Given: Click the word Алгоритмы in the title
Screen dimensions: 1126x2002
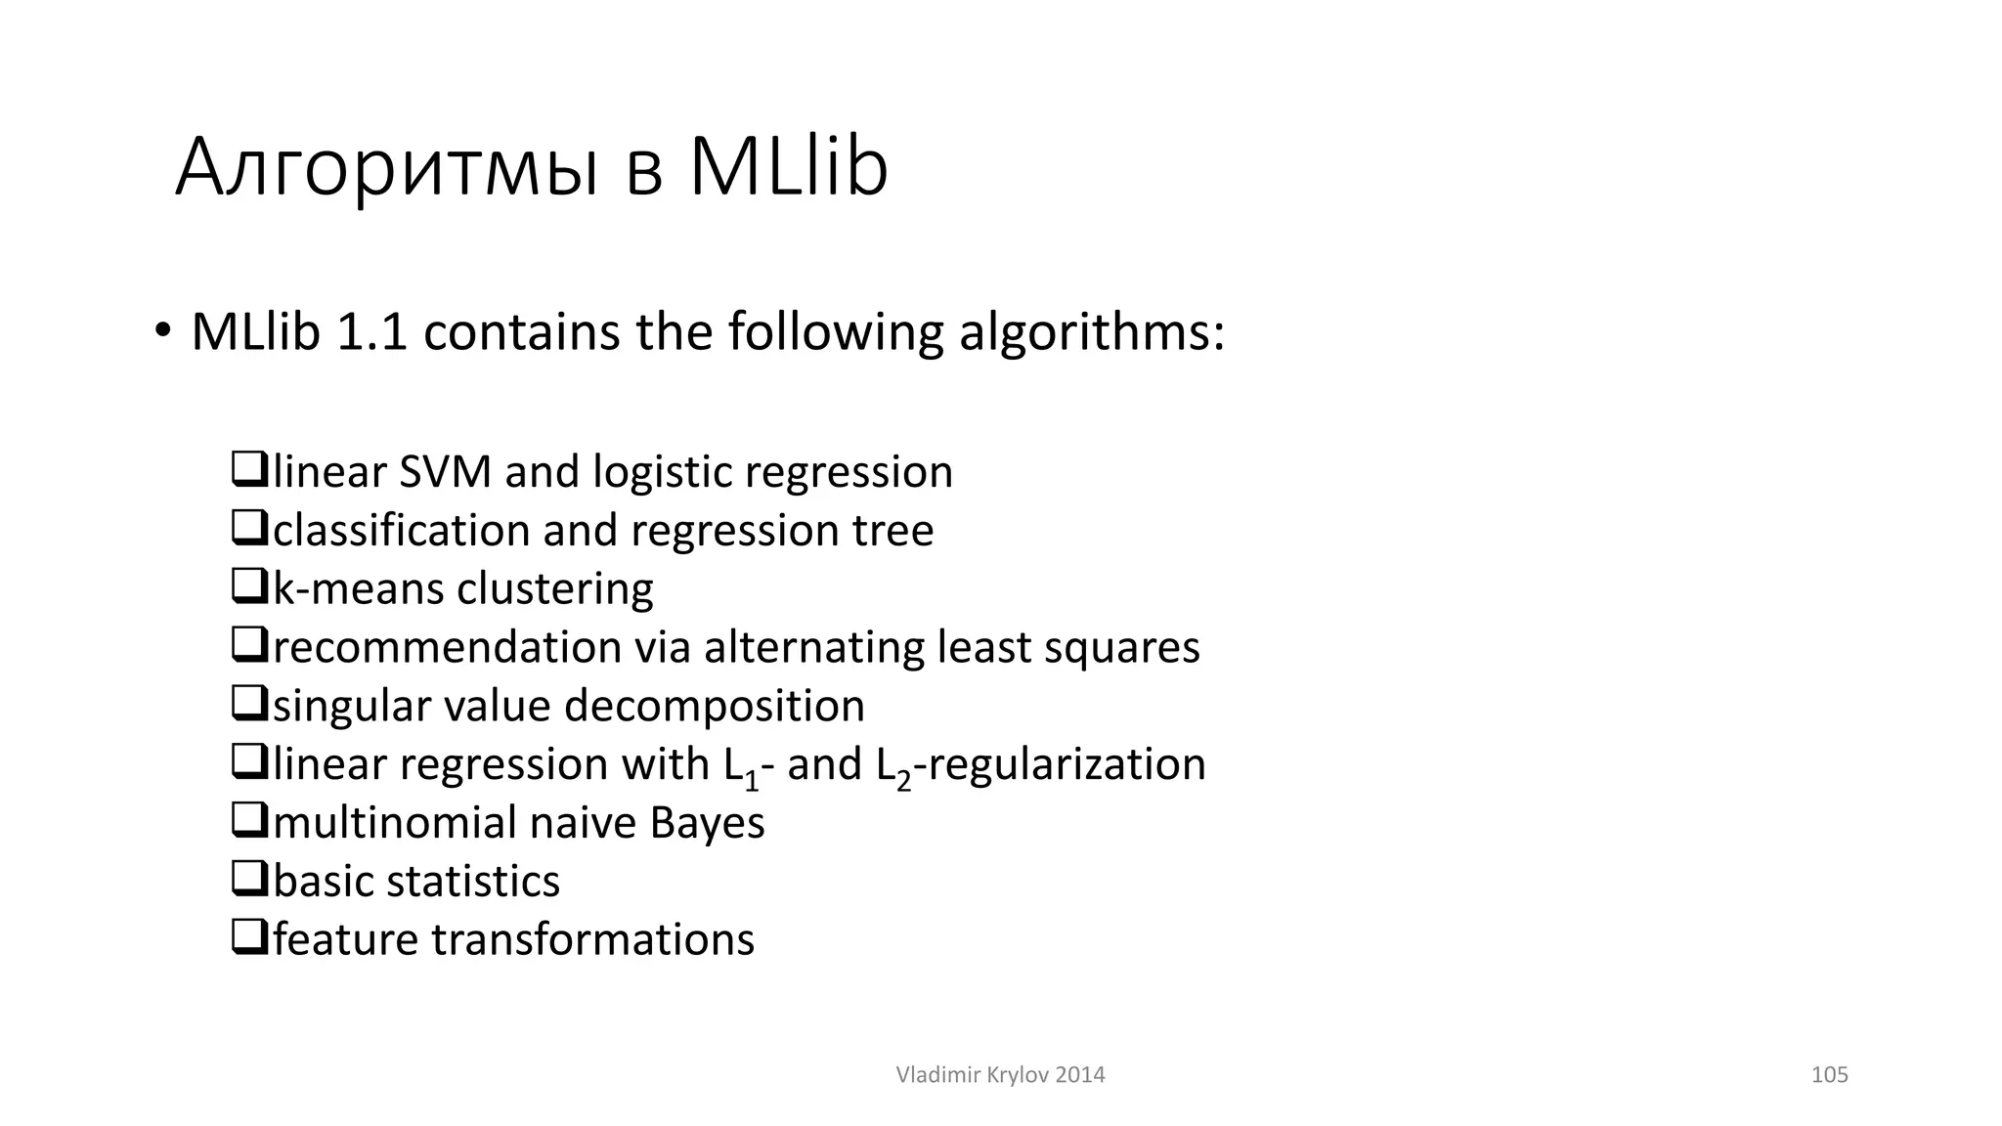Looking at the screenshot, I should [387, 168].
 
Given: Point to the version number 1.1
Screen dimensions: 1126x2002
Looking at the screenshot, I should [370, 332].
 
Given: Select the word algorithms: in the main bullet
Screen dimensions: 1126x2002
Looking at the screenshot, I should [1091, 332].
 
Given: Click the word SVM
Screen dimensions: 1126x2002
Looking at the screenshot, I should [445, 472].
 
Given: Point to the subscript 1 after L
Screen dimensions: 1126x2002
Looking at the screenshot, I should [752, 780].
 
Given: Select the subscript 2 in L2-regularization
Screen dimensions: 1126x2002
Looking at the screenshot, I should [903, 780].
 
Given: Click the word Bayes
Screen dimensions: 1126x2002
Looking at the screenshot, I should [707, 823].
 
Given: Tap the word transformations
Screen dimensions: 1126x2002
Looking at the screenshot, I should [592, 940].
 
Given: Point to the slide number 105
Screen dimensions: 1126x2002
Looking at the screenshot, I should [1829, 1075].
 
